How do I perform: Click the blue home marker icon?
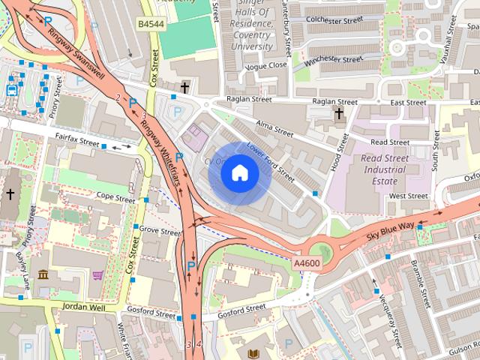[239, 173]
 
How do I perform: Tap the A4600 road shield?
[307, 262]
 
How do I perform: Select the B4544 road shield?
[150, 25]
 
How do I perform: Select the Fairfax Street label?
[78, 139]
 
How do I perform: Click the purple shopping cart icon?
[98, 274]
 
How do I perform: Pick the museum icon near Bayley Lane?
[43, 274]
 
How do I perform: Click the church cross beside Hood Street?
[339, 114]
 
